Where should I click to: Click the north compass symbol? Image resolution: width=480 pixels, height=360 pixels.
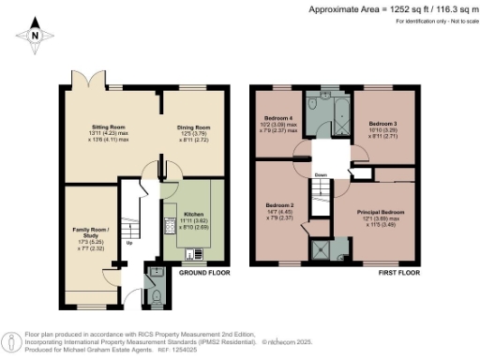coord(35,35)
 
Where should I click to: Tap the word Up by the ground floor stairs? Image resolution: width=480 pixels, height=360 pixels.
coord(128,243)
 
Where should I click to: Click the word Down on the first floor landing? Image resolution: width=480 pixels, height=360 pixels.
coord(321,174)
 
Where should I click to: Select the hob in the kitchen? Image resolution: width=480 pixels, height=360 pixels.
coord(169,223)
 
